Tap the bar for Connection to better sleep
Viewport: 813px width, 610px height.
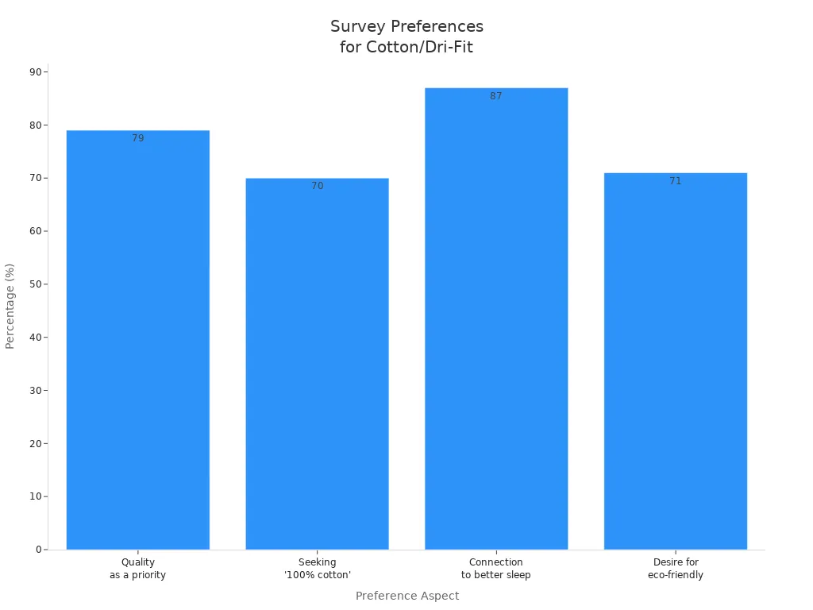click(496, 319)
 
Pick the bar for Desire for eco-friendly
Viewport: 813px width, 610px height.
click(675, 361)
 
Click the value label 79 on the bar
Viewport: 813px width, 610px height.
click(138, 138)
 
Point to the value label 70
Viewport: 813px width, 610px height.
click(317, 186)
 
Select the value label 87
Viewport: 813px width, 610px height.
click(496, 96)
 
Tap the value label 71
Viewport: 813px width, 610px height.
click(675, 181)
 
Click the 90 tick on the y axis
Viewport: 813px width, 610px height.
click(36, 71)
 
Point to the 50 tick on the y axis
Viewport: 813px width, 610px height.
click(36, 284)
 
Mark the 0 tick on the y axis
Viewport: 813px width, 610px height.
click(38, 550)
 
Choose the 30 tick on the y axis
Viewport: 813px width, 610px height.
click(36, 390)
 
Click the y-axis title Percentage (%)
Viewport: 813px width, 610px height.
click(10, 306)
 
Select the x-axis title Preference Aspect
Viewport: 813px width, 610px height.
click(406, 596)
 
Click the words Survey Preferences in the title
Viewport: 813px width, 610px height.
click(406, 26)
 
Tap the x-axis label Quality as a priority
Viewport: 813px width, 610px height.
click(137, 569)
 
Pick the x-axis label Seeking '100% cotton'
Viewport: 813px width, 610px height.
click(317, 569)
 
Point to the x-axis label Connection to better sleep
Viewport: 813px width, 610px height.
click(496, 569)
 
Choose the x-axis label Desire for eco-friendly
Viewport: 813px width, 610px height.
click(675, 569)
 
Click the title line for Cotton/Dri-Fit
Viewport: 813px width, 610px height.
click(406, 47)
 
